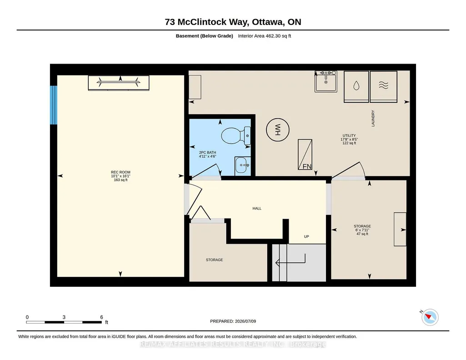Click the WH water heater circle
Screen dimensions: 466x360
pos(278,130)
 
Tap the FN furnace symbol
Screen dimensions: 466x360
pos(305,155)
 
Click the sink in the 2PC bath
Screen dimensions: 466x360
pos(242,165)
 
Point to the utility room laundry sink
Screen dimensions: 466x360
pos(326,81)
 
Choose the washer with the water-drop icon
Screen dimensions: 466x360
pos(356,86)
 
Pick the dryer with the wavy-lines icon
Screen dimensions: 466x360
pos(383,86)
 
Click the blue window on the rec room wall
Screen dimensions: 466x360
pos(54,105)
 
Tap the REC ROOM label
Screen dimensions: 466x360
pos(120,172)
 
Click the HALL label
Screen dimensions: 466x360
pos(257,209)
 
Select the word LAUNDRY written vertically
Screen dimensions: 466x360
pos(373,118)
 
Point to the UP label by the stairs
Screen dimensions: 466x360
pos(306,237)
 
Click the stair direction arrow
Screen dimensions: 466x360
pos(290,262)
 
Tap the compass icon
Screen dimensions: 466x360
pos(430,317)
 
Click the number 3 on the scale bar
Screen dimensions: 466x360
pos(64,317)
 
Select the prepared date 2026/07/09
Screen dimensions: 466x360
pos(246,321)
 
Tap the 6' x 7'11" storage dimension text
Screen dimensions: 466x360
pos(362,230)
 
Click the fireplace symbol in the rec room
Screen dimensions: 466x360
pos(119,83)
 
